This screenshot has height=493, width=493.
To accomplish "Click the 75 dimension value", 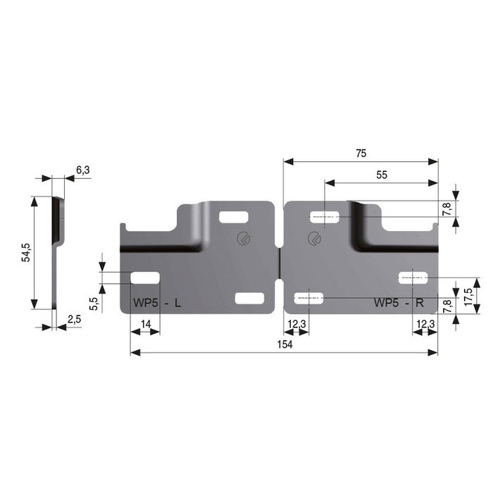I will point(361,153).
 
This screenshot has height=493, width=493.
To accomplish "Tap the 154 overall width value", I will point(285,344).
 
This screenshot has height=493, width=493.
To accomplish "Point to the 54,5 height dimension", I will point(25,252).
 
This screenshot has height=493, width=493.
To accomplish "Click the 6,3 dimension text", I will point(82,169).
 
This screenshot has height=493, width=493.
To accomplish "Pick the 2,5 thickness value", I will point(75,320).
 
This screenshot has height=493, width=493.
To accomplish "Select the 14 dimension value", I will point(146,323).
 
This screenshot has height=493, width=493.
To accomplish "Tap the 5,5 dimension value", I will point(93,304).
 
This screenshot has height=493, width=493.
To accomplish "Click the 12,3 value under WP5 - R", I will point(425,323).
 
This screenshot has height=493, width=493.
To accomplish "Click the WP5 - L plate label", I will point(156,304).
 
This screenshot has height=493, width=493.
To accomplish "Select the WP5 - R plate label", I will point(399,304).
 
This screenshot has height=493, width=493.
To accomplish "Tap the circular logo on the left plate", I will point(243,238).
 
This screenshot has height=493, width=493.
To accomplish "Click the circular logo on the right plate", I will point(313,238).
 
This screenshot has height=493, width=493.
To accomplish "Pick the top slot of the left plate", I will point(233,217).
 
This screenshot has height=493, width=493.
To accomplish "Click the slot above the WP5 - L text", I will point(145,277).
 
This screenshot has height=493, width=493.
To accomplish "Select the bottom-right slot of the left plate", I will point(249,299).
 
